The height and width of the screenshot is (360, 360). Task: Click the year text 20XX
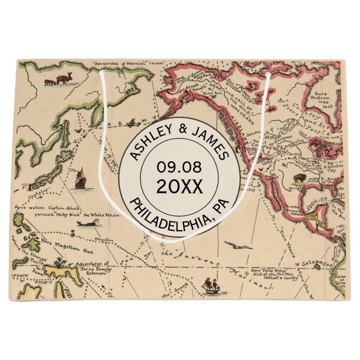click(179, 186)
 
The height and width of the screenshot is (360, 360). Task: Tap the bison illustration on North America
click(300, 178)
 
